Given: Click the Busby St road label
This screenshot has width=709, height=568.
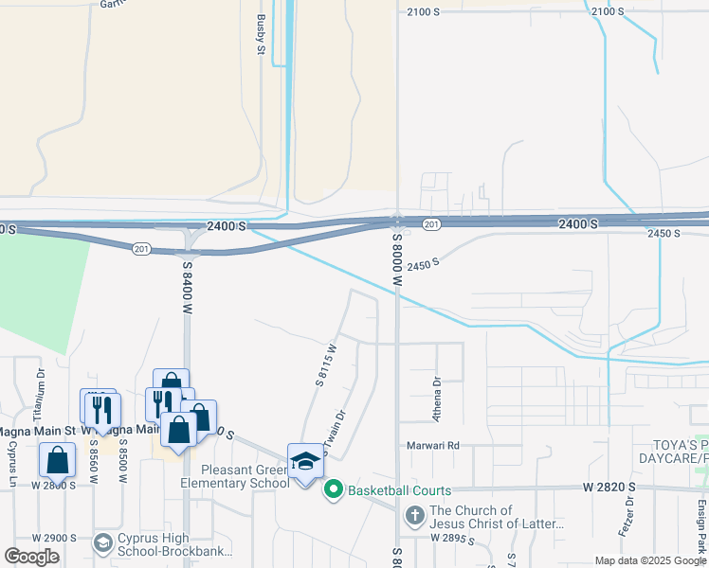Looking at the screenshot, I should pos(259,34).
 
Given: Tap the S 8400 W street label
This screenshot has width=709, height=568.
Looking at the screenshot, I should pos(188,289).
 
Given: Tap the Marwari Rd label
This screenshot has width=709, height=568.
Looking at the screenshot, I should pos(435,445).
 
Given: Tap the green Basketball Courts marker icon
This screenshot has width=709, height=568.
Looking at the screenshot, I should pos(333,489).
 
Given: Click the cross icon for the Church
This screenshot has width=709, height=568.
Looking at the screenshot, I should pos(414,516).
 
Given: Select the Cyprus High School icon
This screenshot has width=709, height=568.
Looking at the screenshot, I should pos(103,543).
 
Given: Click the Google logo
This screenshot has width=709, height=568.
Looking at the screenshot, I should pos(32,557).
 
